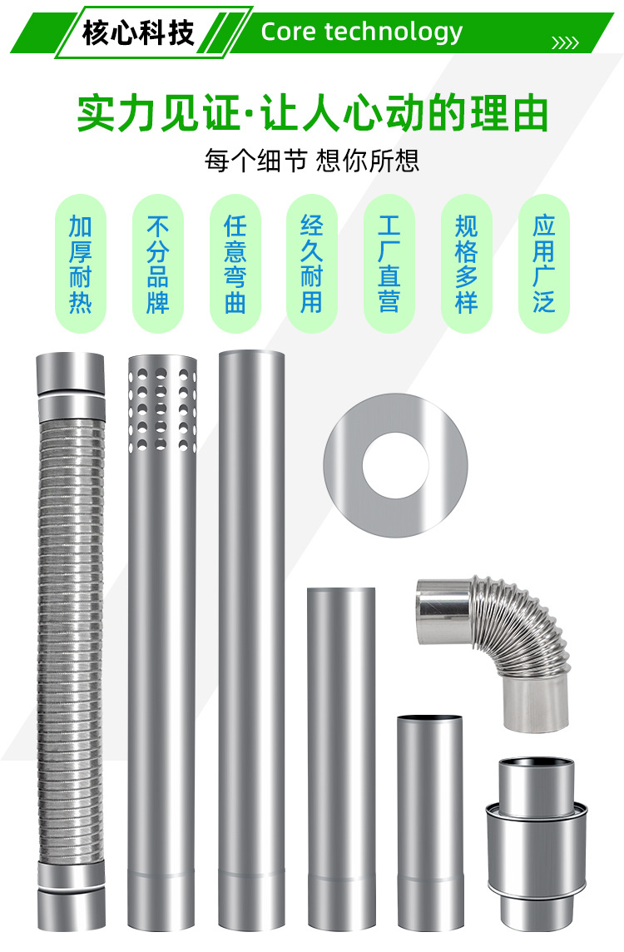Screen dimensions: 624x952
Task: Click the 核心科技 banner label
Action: click(138, 32)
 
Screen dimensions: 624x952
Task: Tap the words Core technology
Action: click(362, 32)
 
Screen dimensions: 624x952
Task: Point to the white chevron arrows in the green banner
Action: click(565, 42)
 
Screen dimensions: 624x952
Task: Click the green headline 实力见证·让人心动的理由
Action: click(313, 113)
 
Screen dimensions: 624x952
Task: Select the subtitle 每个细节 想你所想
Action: click(312, 161)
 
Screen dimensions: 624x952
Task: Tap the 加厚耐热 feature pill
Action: click(81, 264)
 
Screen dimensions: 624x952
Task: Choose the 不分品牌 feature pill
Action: click(158, 264)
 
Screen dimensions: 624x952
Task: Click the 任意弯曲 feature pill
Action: click(235, 264)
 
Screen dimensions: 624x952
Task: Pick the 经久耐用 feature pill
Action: click(312, 264)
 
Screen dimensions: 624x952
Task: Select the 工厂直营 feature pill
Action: click(389, 264)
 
